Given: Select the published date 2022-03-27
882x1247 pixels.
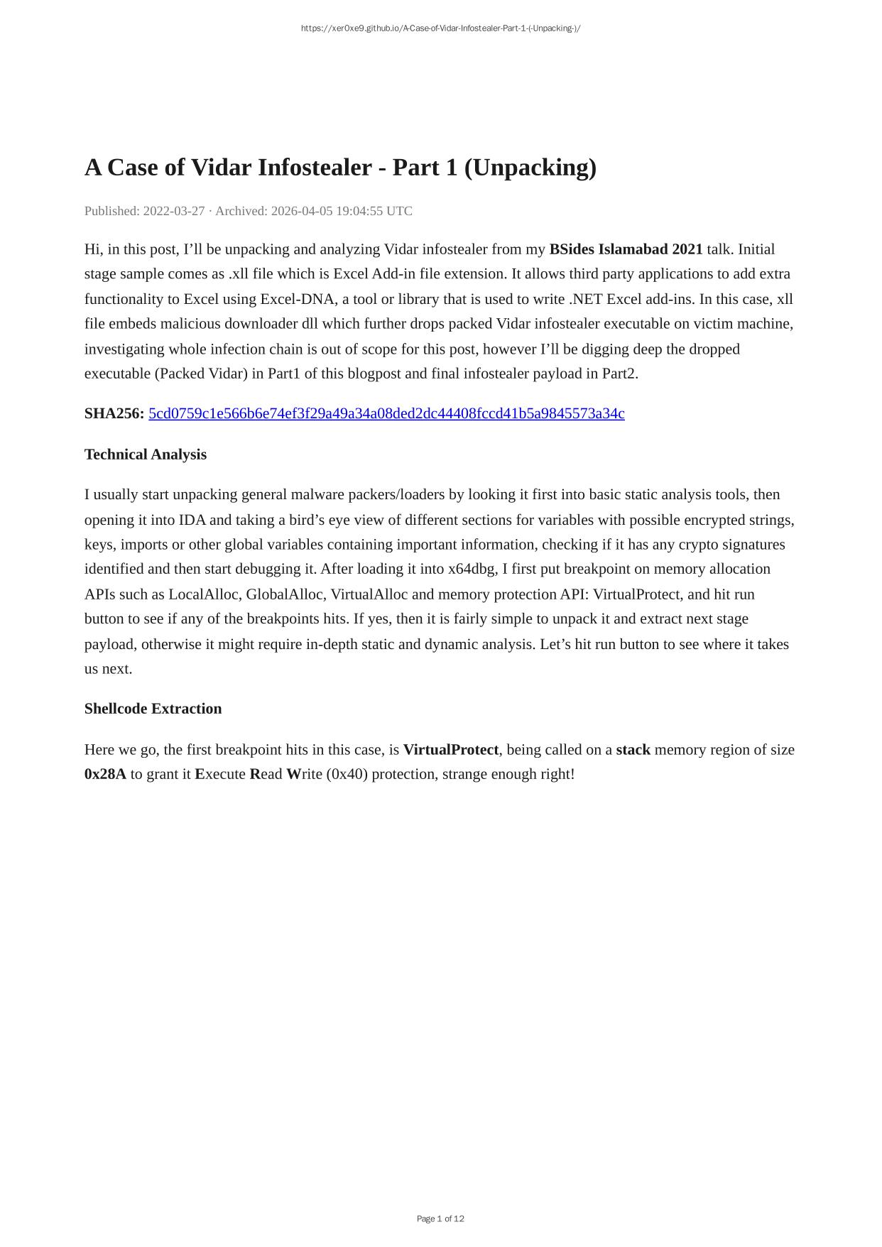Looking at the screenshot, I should tap(174, 211).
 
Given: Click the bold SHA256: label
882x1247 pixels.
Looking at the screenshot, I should tap(114, 413).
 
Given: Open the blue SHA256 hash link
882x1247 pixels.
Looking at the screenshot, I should tap(386, 413).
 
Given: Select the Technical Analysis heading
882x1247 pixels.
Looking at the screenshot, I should tap(146, 454).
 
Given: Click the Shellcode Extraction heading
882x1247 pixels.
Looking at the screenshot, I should tap(153, 709).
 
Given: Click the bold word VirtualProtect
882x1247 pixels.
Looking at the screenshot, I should tap(450, 750).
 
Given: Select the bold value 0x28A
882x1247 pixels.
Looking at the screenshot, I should tap(105, 774).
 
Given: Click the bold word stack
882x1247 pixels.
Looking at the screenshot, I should tap(633, 750).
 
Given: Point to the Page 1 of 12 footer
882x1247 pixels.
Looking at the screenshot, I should tap(440, 1219).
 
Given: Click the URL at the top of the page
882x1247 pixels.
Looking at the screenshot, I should tap(440, 28).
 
